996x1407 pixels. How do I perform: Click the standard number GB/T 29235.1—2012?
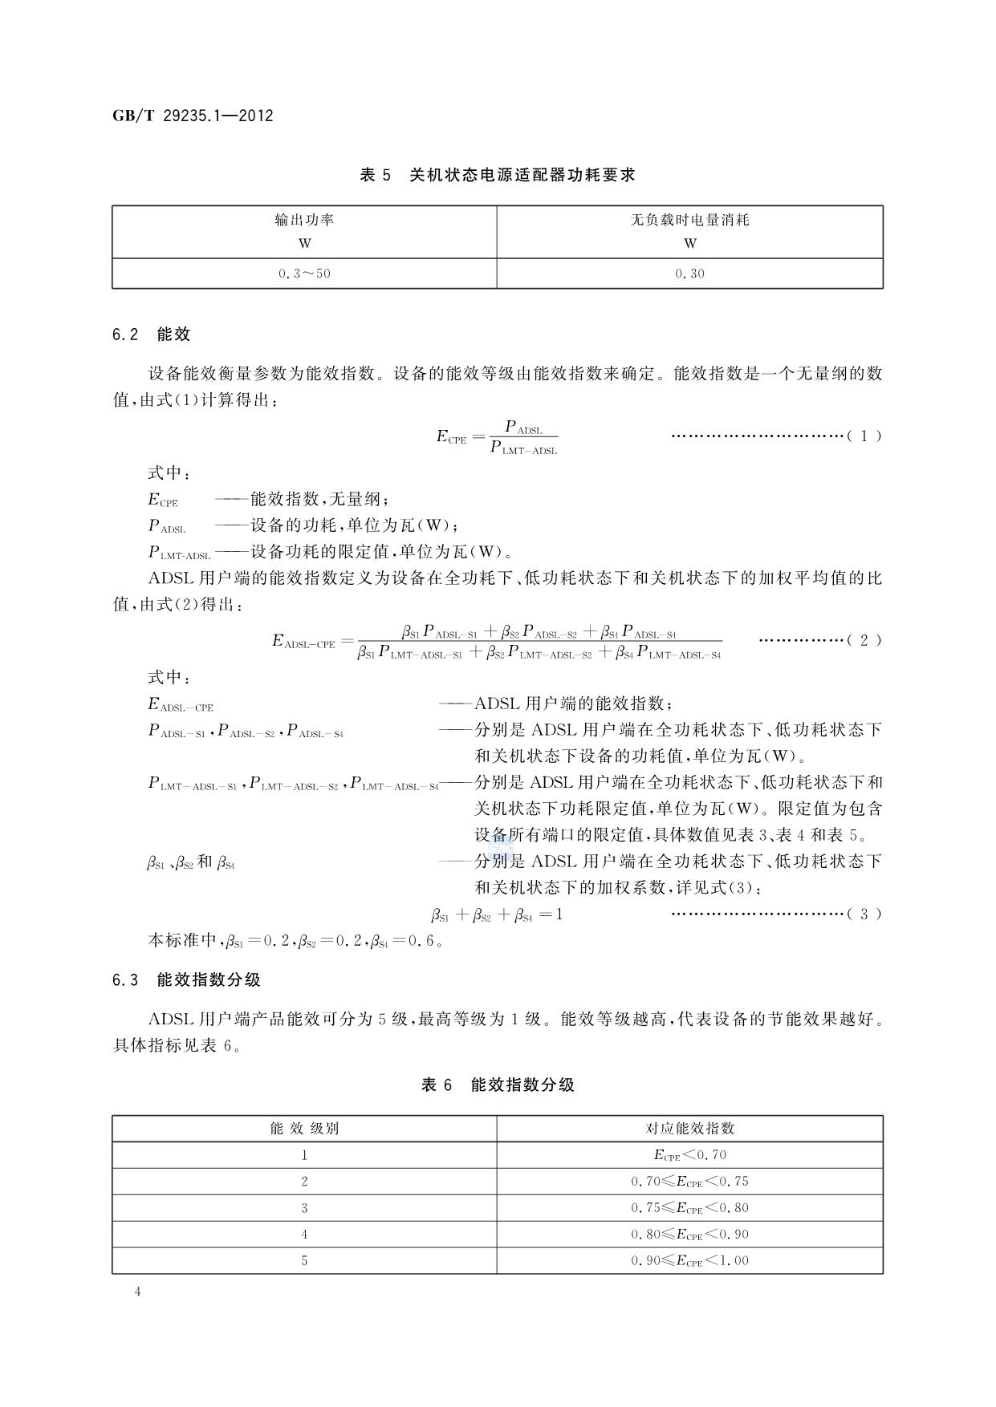coord(193,116)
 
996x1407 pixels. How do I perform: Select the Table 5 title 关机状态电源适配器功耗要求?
coord(498,175)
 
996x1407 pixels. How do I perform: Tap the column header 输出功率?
coord(304,220)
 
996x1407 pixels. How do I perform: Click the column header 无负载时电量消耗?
coord(689,220)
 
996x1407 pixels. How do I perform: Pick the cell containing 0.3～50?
coord(304,274)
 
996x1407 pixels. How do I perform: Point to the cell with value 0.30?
coord(689,274)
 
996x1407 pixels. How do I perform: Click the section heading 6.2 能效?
coord(152,335)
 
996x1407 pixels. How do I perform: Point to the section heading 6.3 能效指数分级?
coord(186,980)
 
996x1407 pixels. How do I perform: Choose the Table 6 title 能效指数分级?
coord(498,1085)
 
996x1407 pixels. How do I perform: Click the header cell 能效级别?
coord(304,1129)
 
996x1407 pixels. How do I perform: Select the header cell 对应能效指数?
coord(689,1129)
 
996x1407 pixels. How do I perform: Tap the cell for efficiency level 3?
coord(304,1208)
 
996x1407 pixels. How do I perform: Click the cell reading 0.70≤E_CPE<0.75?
coord(689,1182)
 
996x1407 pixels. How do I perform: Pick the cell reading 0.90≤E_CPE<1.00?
coord(689,1261)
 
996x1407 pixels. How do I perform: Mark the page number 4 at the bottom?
coord(138,1291)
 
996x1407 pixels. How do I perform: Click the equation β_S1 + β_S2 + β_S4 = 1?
coord(497,914)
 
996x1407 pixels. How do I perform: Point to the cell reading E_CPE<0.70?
coord(689,1155)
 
